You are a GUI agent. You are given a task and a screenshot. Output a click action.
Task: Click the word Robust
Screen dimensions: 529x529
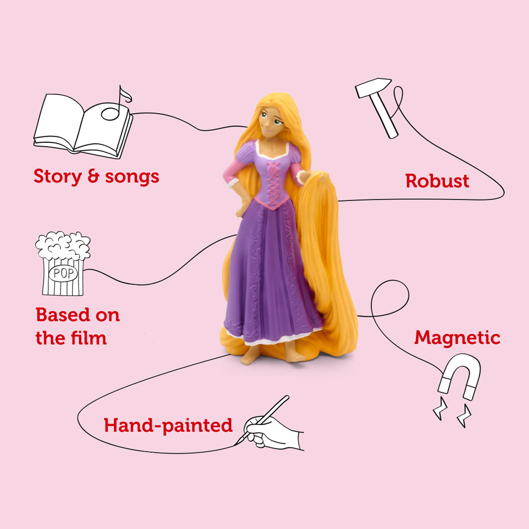tap(437, 181)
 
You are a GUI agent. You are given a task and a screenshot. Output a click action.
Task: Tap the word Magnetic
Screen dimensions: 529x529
tap(457, 338)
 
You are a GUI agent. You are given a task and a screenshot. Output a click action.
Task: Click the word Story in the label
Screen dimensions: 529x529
tap(58, 176)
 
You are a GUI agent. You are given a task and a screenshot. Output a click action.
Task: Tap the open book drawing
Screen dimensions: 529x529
tap(83, 127)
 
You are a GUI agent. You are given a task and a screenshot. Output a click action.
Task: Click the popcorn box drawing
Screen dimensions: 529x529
tap(63, 263)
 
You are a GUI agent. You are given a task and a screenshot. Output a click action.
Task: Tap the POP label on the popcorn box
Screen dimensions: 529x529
tap(63, 273)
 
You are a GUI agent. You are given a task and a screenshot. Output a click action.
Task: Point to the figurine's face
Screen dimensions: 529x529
tap(271, 123)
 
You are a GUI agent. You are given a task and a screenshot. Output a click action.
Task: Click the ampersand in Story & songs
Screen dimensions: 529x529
tap(93, 176)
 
